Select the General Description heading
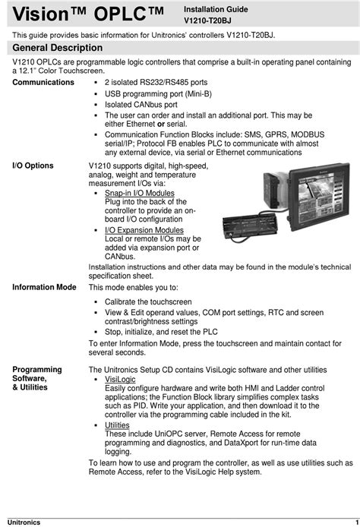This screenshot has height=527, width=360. [57, 49]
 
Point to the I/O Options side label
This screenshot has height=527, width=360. [33, 165]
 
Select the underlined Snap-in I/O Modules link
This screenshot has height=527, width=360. [140, 193]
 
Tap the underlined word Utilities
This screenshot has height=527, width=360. [117, 425]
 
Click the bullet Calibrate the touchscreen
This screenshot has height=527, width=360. [148, 301]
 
